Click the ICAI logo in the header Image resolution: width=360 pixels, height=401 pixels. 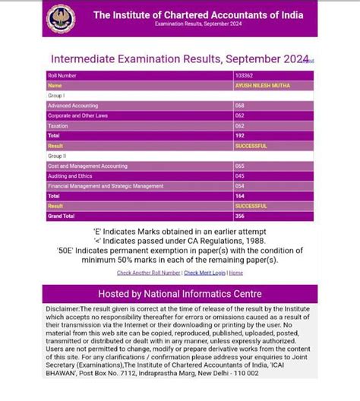[x=62, y=18]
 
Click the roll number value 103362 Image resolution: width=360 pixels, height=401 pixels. [x=244, y=76]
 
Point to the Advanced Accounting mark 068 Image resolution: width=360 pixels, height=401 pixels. [x=240, y=106]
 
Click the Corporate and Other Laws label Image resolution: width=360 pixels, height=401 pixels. [x=77, y=115]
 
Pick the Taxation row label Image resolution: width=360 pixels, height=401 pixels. [x=58, y=125]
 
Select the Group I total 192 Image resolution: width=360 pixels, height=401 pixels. [x=240, y=135]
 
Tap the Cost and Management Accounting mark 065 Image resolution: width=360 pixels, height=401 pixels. [x=240, y=166]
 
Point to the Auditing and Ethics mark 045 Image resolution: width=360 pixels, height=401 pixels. [x=240, y=175]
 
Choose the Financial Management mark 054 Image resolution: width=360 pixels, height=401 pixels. [x=240, y=185]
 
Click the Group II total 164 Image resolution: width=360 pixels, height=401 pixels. [x=240, y=195]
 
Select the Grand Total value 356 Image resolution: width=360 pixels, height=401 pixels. [x=240, y=216]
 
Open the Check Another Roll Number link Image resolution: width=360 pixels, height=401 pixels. [x=148, y=273]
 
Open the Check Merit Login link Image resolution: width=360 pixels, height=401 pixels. [x=204, y=273]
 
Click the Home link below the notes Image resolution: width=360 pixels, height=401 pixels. [x=236, y=273]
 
